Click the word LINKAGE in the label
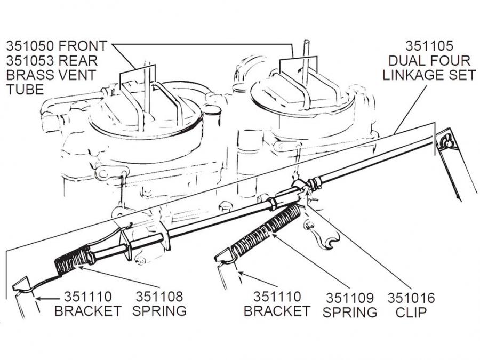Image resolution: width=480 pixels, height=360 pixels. click(429, 74)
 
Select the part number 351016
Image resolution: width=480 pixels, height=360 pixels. click(411, 298)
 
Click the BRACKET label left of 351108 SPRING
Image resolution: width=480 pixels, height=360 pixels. click(88, 311)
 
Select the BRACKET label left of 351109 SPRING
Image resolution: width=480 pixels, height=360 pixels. click(277, 311)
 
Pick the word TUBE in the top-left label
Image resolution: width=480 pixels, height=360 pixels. click(24, 89)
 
